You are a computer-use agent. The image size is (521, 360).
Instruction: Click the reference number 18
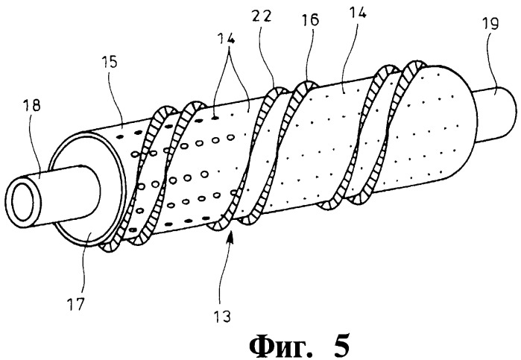[x=32, y=106]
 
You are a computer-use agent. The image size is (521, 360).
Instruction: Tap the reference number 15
[x=110, y=62]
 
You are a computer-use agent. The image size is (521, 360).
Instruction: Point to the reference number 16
[x=310, y=20]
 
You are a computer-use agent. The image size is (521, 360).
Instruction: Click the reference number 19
[x=490, y=24]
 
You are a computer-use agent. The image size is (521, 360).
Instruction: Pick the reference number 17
[x=76, y=304]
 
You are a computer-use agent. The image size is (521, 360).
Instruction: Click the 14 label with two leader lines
[x=227, y=40]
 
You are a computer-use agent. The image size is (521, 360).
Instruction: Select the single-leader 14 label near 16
[x=358, y=13]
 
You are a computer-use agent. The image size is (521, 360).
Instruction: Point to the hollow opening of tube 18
[x=22, y=201]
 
